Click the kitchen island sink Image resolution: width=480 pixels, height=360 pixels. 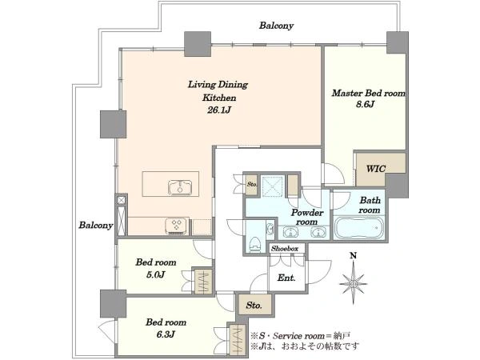[180, 187]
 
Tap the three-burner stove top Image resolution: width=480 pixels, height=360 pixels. [177, 226]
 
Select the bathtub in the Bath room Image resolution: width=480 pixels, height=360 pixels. [358, 228]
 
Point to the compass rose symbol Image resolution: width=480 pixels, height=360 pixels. [354, 284]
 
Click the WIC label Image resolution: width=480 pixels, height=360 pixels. [376, 169]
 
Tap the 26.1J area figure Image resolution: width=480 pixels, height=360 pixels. [218, 110]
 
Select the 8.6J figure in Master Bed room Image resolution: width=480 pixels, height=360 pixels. [365, 105]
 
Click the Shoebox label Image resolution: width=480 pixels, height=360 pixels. [284, 249]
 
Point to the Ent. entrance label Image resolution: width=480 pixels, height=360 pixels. [286, 278]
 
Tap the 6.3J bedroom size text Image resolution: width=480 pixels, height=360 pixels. [166, 334]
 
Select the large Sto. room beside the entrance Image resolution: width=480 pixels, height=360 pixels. [254, 305]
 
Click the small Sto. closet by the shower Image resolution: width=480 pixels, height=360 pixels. [252, 185]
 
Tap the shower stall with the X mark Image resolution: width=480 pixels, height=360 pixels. [272, 186]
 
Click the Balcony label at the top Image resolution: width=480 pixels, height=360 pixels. [276, 26]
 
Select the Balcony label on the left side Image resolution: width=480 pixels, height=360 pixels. [96, 226]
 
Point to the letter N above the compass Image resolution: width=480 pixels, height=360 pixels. [354, 256]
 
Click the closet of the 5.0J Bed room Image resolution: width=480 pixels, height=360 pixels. [203, 281]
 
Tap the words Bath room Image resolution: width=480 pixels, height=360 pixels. [370, 206]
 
